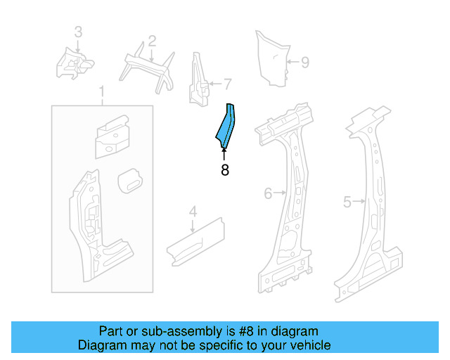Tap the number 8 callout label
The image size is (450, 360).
pyautogui.click(x=225, y=170)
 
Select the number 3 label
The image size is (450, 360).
pyautogui.click(x=78, y=32)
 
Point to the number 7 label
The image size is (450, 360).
pyautogui.click(x=227, y=84)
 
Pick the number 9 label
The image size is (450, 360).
pyautogui.click(x=304, y=63)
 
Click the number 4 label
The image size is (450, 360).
pyautogui.click(x=193, y=210)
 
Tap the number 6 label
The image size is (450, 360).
pyautogui.click(x=268, y=193)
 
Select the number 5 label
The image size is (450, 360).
pyautogui.click(x=347, y=202)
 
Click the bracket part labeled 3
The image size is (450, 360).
pyautogui.click(x=73, y=64)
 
